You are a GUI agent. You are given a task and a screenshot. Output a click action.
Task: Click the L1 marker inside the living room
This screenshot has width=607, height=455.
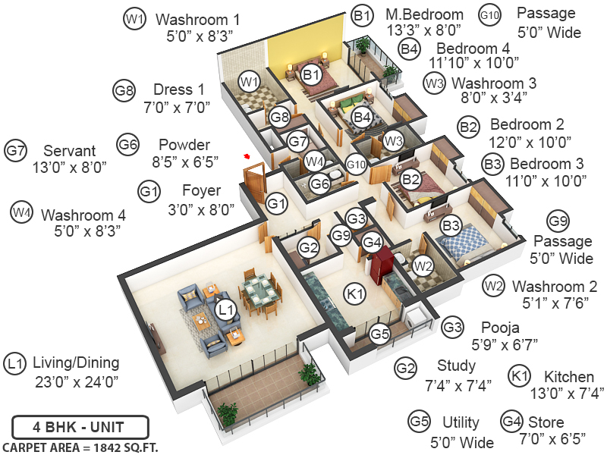225,309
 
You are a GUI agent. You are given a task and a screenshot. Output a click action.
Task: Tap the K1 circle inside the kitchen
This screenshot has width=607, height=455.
355,293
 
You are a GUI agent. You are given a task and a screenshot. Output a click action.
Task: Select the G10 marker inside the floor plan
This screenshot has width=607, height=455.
356,164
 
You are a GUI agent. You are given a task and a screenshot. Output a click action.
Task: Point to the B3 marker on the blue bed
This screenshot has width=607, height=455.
451,226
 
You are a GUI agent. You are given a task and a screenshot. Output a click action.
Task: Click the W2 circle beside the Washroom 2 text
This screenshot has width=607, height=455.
493,286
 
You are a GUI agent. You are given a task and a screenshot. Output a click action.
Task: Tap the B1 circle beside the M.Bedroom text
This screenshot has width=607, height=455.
363,14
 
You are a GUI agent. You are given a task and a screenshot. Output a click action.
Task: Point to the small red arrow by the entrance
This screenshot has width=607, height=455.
247,156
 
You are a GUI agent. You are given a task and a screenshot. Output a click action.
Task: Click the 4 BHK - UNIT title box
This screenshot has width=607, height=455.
80,426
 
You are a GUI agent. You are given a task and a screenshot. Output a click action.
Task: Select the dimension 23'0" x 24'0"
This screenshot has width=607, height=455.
75,381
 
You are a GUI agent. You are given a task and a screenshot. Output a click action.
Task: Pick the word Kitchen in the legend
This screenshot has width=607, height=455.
568,376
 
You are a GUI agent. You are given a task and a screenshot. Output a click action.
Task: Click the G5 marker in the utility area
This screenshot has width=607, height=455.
380,333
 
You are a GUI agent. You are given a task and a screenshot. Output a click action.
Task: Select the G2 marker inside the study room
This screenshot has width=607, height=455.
308,246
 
